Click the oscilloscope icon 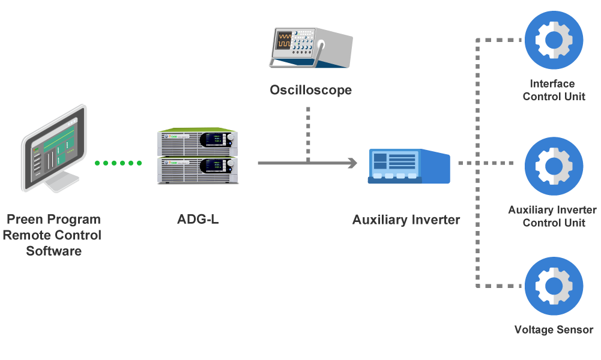pyautogui.click(x=311, y=47)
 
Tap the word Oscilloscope pyautogui.click(x=311, y=90)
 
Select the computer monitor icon pyautogui.click(x=54, y=148)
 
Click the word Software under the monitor pyautogui.click(x=53, y=251)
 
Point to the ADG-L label pyautogui.click(x=198, y=220)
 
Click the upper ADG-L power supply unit pyautogui.click(x=198, y=142)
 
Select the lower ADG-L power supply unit pyautogui.click(x=198, y=170)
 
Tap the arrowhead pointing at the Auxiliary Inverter pyautogui.click(x=352, y=163)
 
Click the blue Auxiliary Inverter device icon pyautogui.click(x=409, y=166)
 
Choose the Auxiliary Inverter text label pyautogui.click(x=406, y=220)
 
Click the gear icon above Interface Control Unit pyautogui.click(x=554, y=40)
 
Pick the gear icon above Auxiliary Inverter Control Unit pyautogui.click(x=554, y=166)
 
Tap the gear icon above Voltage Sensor pyautogui.click(x=554, y=286)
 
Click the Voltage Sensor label pyautogui.click(x=554, y=330)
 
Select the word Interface pyautogui.click(x=552, y=83)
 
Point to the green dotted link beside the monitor pyautogui.click(x=118, y=163)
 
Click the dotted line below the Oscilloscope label pyautogui.click(x=308, y=134)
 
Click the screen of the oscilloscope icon pyautogui.click(x=284, y=41)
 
